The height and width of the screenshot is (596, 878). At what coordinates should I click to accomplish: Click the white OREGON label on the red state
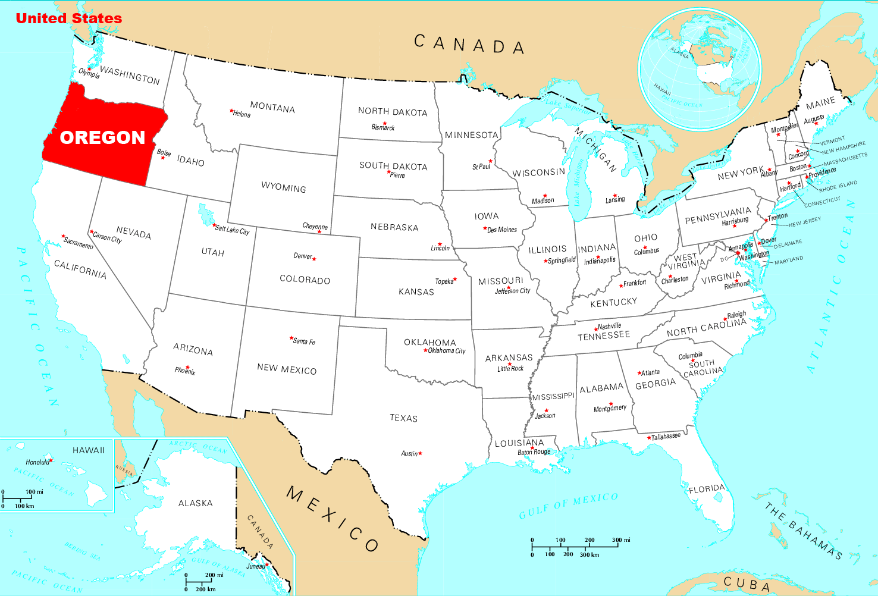click(102, 138)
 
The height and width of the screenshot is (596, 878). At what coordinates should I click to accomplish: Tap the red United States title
click(68, 18)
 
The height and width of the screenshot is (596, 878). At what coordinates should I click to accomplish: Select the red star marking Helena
click(231, 111)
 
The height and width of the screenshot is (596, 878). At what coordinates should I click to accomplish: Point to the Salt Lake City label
click(233, 230)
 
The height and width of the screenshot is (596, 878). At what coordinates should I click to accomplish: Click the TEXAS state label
click(403, 418)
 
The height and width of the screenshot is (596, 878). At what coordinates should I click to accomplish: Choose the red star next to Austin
click(421, 453)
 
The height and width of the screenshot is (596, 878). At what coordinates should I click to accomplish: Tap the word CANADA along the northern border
click(469, 45)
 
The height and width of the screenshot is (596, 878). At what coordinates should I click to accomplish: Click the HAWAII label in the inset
click(89, 450)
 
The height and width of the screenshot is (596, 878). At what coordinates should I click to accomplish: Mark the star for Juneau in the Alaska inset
click(267, 564)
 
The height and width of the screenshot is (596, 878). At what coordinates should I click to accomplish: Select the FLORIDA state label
click(707, 489)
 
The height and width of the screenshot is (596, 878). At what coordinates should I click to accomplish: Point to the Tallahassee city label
click(666, 437)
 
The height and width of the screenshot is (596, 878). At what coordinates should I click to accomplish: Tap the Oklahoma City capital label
click(447, 351)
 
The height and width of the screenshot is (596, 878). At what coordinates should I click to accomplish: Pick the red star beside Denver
click(314, 259)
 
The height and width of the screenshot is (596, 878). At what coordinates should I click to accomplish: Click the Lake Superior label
click(569, 107)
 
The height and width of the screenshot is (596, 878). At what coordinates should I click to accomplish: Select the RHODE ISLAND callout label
click(838, 186)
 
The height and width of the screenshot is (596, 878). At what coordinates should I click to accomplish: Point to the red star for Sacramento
click(63, 236)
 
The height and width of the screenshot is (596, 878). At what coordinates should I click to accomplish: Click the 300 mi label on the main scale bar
click(621, 540)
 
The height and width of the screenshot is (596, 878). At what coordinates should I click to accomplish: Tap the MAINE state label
click(820, 103)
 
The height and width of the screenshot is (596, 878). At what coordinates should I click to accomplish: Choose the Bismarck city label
click(383, 127)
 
